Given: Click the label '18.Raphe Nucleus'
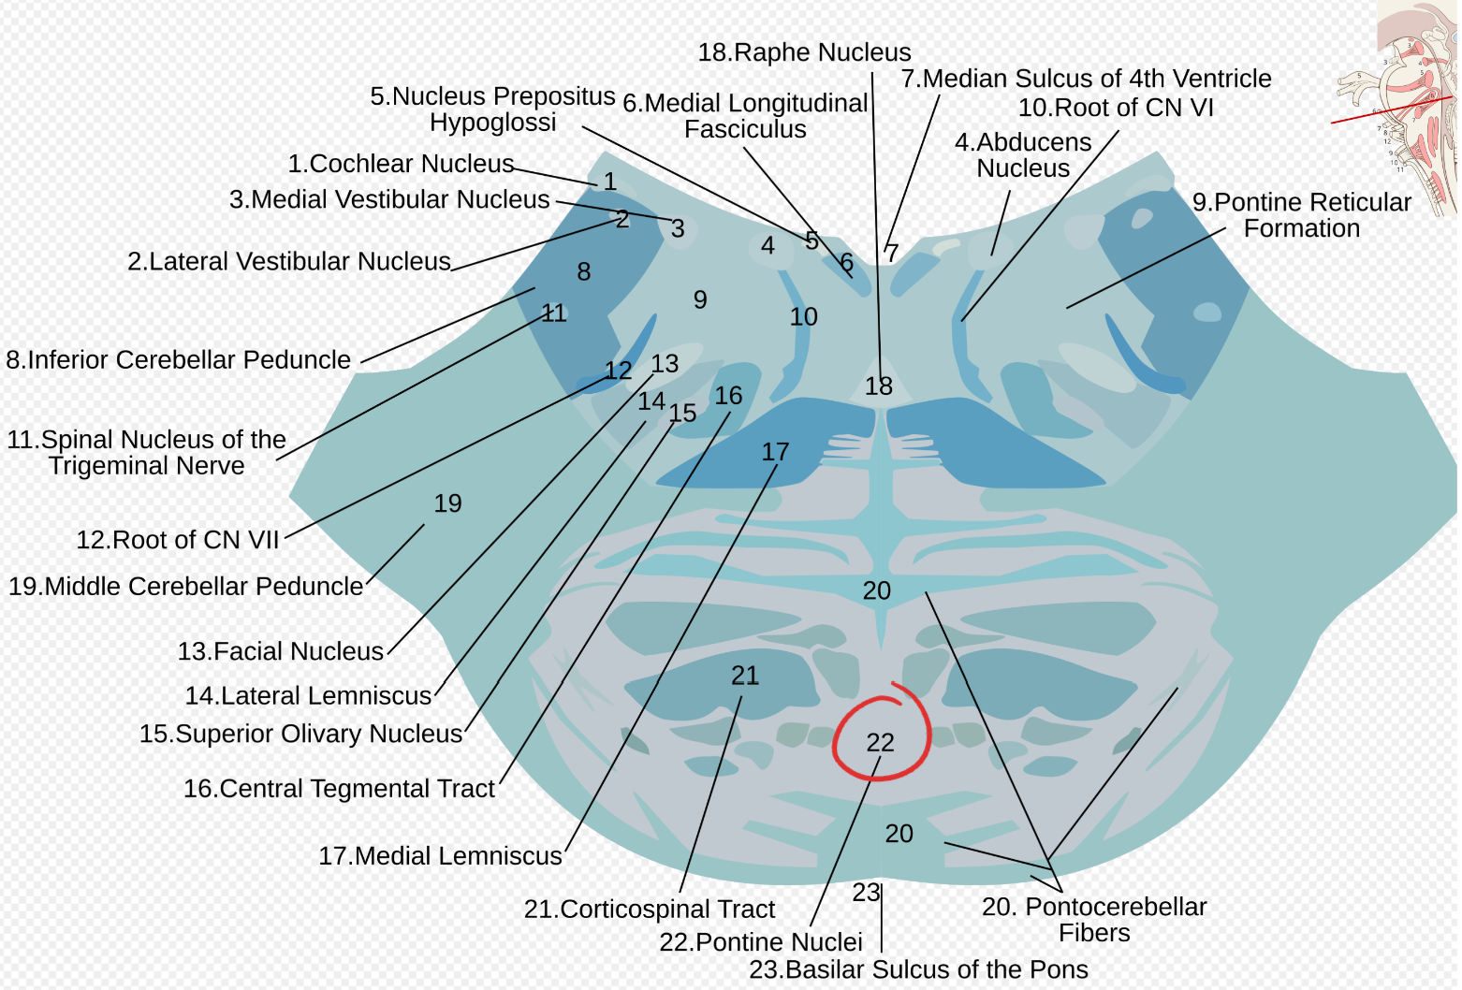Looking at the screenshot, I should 804,52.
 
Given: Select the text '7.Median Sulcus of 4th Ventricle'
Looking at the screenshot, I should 1086,79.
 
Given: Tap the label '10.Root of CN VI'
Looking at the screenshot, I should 1116,108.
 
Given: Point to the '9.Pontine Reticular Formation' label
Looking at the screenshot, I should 1301,215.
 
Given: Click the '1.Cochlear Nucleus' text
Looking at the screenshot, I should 401,164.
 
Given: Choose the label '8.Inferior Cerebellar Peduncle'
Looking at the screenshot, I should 179,359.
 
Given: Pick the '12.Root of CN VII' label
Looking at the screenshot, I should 178,540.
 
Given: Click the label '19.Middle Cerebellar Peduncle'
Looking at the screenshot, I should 185,587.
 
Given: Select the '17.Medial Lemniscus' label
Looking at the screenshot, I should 440,856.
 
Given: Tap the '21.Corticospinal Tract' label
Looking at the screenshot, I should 649,910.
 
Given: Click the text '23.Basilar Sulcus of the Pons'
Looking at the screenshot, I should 918,969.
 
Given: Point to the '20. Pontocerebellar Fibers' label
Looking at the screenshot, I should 1094,919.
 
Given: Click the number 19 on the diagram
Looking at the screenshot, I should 448,503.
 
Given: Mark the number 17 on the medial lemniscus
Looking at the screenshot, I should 775,452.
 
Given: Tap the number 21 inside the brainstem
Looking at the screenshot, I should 745,676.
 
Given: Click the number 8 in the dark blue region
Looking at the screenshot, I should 584,271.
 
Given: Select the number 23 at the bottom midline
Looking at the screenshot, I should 866,893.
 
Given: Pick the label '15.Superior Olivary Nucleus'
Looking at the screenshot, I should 300,734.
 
